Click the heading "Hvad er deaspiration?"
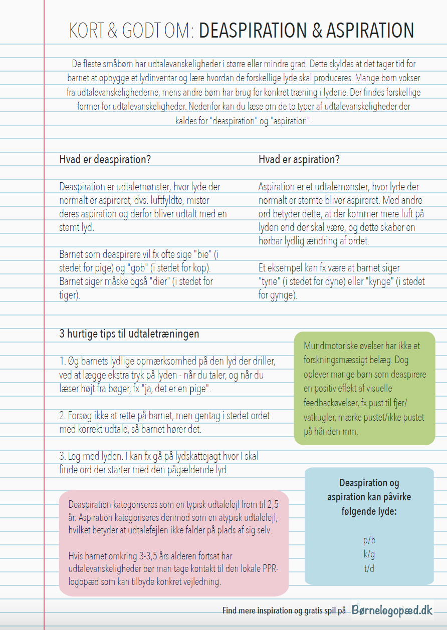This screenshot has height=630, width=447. click(105, 160)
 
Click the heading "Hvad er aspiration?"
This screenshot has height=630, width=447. click(299, 160)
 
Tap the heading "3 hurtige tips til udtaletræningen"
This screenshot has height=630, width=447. click(129, 334)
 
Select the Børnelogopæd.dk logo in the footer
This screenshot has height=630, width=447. click(392, 610)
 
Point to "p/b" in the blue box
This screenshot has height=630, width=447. click(369, 540)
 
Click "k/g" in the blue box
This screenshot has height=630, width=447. click(369, 554)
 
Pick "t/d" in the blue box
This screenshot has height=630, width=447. click(369, 568)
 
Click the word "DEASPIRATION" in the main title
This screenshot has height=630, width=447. click(253, 31)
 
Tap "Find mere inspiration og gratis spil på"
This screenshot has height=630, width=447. click(284, 610)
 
